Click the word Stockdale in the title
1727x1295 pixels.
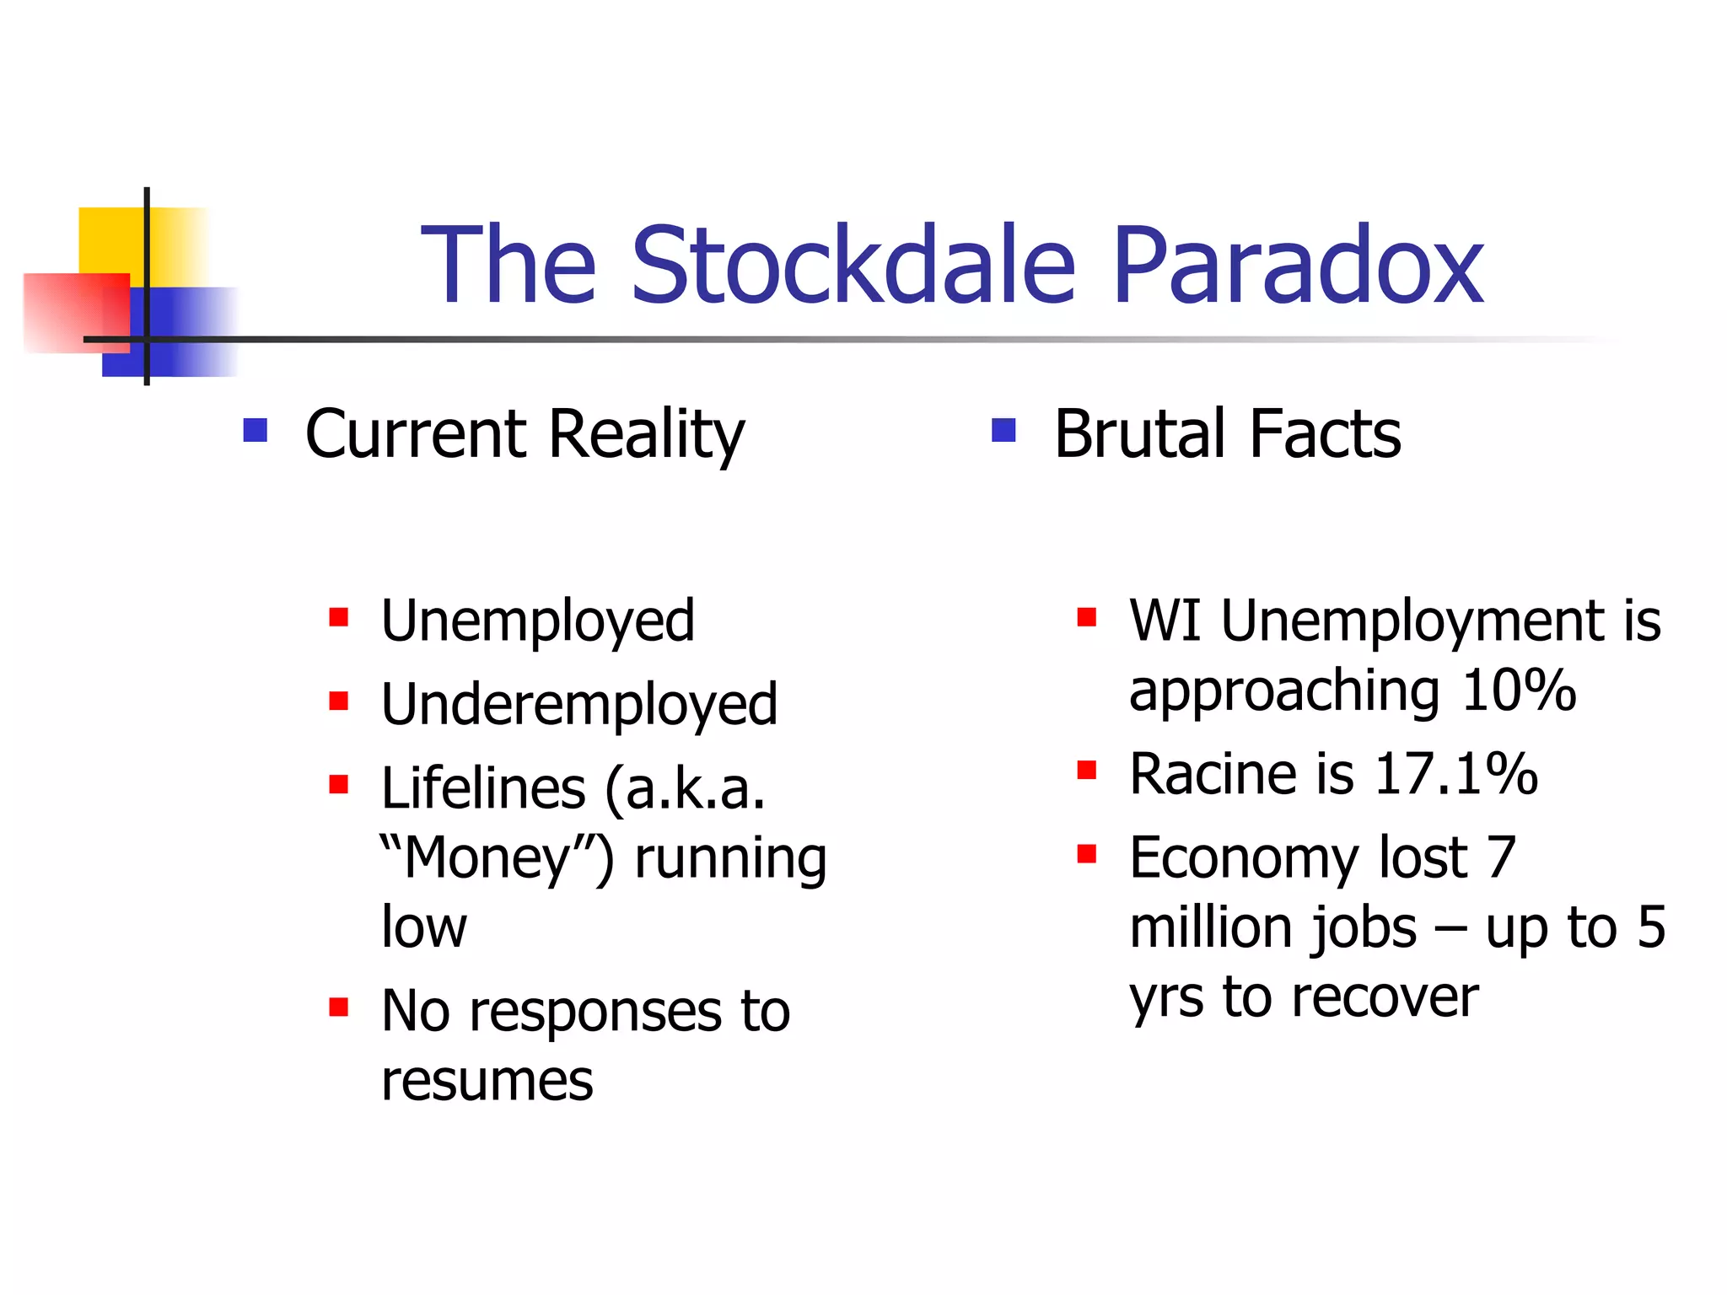tap(852, 266)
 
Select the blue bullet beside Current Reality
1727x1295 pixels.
tap(255, 431)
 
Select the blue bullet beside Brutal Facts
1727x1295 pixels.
tap(1003, 431)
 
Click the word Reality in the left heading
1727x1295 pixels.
tap(646, 435)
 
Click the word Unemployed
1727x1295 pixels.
tap(538, 622)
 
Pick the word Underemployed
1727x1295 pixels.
tap(579, 706)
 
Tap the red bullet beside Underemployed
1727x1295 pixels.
tap(339, 701)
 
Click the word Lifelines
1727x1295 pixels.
tap(483, 789)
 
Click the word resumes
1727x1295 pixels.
tap(487, 1082)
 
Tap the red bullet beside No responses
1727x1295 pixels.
tap(339, 1007)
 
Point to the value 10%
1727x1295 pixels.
tap(1519, 691)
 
